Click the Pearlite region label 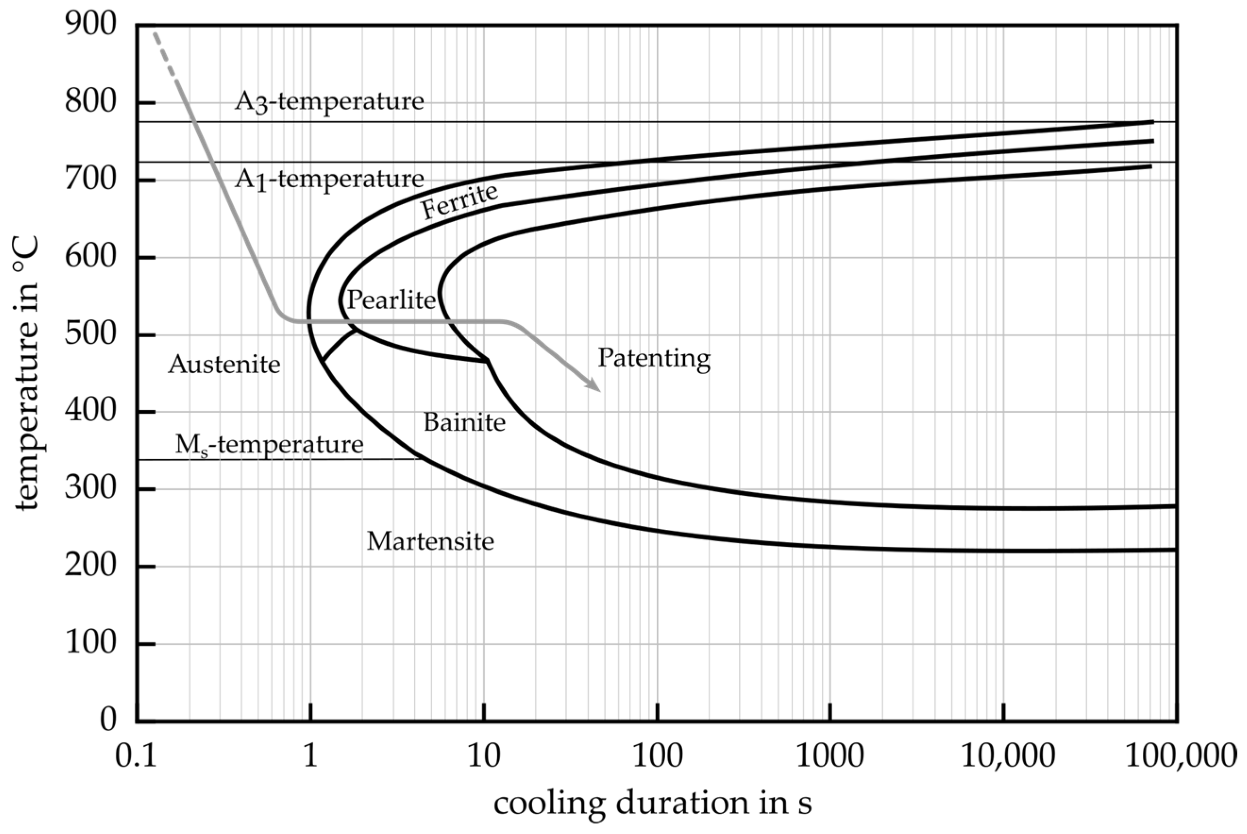pyautogui.click(x=391, y=300)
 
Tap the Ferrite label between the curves pyautogui.click(x=460, y=201)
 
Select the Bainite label pyautogui.click(x=464, y=423)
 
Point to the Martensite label pyautogui.click(x=430, y=542)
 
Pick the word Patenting pyautogui.click(x=654, y=359)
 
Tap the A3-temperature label pyautogui.click(x=329, y=101)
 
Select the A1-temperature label pyautogui.click(x=329, y=180)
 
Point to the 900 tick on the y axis pyautogui.click(x=91, y=25)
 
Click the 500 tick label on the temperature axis pyautogui.click(x=91, y=334)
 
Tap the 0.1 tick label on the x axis pyautogui.click(x=136, y=756)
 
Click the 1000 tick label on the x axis pyautogui.click(x=829, y=756)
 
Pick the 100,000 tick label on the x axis pyautogui.click(x=1180, y=756)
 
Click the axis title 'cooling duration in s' pyautogui.click(x=653, y=804)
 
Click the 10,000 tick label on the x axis pyautogui.click(x=1006, y=756)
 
